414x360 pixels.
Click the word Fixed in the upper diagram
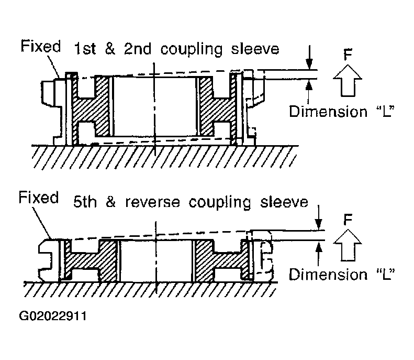coord(41,46)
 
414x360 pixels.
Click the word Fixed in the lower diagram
coord(39,198)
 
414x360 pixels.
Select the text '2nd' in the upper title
coord(138,49)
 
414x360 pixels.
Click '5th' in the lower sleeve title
coord(85,202)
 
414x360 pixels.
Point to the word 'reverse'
coord(153,202)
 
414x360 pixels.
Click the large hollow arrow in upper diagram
coord(348,81)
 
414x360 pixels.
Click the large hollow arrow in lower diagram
coord(348,245)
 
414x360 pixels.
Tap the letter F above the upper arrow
coord(348,54)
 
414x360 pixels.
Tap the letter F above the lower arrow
coord(348,220)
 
